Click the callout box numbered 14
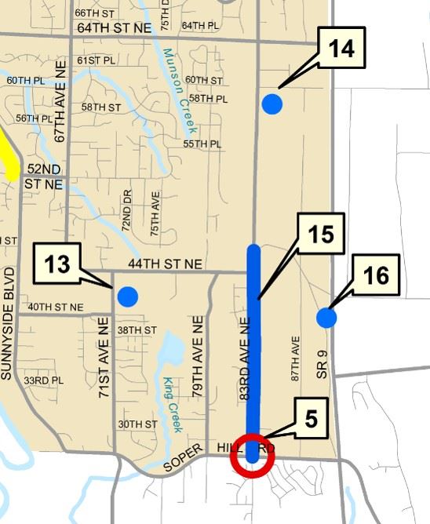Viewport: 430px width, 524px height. [341, 49]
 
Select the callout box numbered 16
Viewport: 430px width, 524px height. [376, 275]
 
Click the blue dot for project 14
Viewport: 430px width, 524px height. [271, 104]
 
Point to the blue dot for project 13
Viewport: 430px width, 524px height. [126, 297]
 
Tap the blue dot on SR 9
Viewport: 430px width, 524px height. [326, 318]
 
